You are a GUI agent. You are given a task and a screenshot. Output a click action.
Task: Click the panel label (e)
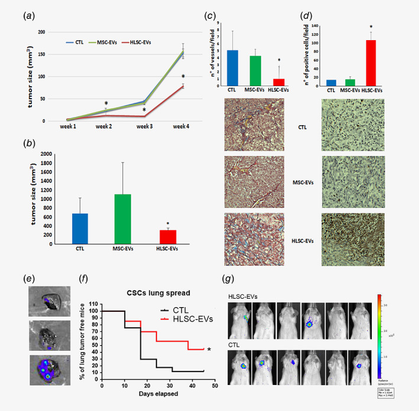[31, 276]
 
